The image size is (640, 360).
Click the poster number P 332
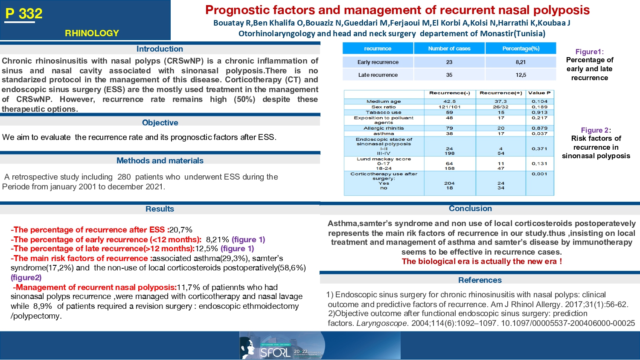(24, 14)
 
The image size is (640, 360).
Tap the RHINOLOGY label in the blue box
(92, 33)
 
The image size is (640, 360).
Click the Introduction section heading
(160, 49)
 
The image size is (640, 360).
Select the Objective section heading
(160, 123)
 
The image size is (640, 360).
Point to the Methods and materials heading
(160, 161)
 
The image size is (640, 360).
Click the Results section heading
(160, 209)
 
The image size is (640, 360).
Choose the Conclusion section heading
(470, 209)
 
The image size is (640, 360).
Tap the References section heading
(480, 280)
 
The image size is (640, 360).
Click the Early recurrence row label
(378, 62)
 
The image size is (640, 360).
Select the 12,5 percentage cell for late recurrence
(521, 75)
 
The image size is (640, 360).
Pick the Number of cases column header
(449, 49)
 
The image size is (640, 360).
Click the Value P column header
(539, 93)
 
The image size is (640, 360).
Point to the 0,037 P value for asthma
(539, 134)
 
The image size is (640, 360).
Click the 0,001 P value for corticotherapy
(539, 174)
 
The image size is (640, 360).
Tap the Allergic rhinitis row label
(384, 128)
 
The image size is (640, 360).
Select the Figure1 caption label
(589, 52)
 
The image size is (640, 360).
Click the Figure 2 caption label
(596, 130)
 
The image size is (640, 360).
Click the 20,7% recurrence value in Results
(181, 230)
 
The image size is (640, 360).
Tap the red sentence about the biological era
(482, 261)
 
